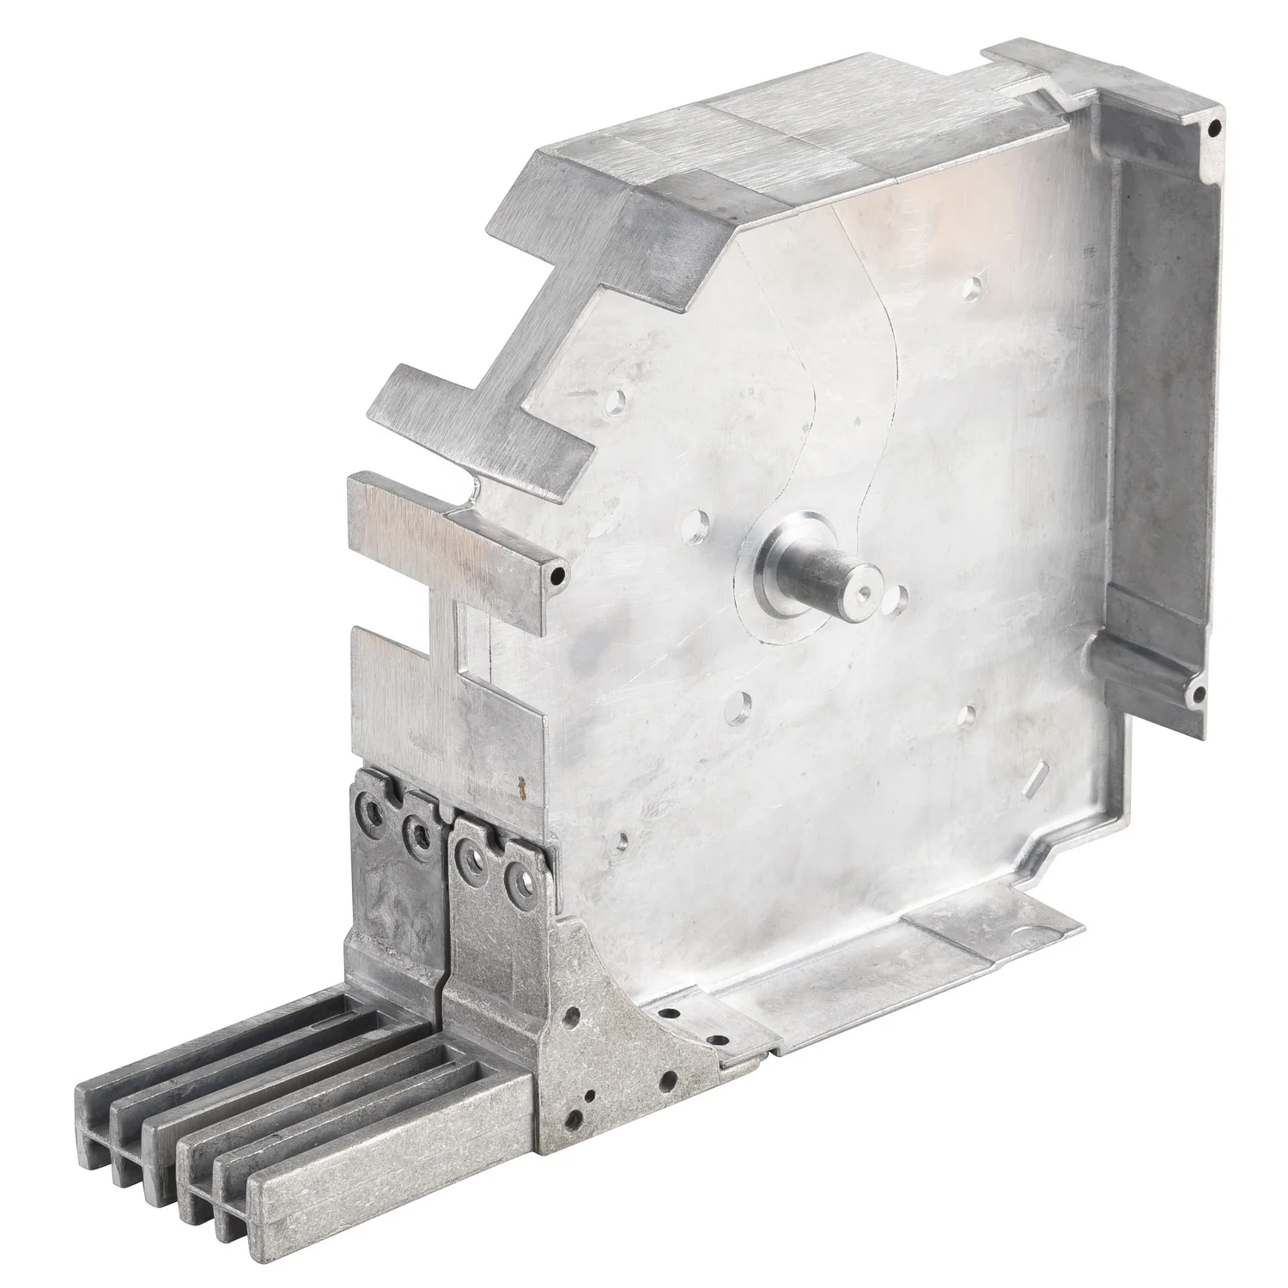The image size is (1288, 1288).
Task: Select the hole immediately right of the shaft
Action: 901,594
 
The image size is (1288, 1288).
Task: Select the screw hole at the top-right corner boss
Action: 1212,130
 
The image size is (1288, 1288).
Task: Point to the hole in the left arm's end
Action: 560,574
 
